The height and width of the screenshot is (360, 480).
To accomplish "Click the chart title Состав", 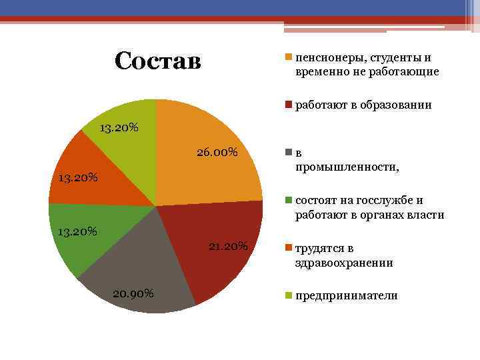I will (x=157, y=61).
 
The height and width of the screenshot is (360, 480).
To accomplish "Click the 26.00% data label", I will (x=217, y=153).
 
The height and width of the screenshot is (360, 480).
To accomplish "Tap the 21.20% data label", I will (x=227, y=247).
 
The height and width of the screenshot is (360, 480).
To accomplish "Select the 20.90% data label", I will (x=133, y=294).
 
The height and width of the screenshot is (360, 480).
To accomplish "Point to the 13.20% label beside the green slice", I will (x=78, y=232).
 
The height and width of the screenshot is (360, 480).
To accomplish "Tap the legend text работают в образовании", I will (x=363, y=105).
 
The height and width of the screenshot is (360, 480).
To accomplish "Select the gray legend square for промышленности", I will (x=289, y=153).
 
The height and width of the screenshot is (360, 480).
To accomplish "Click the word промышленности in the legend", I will (x=347, y=167).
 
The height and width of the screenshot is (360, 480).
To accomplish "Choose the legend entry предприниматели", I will (x=346, y=295).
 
